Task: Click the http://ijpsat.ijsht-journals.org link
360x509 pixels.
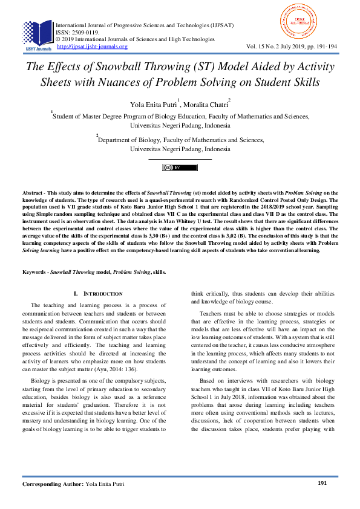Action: pyautogui.click(x=92, y=47)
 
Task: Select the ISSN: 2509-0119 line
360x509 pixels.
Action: pyautogui.click(x=79, y=33)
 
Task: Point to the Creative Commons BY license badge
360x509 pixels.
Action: pyautogui.click(x=180, y=167)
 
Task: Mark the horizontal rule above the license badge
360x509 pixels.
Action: pyautogui.click(x=180, y=160)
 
